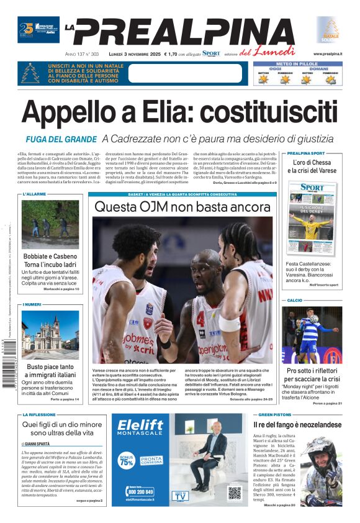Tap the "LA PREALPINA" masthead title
pyautogui.click(x=186, y=31)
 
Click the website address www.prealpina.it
pyautogui.click(x=327, y=54)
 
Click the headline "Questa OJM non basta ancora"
pyautogui.click(x=182, y=206)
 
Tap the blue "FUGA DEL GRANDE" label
pyautogui.click(x=61, y=139)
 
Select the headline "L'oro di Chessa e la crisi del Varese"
pyautogui.click(x=314, y=166)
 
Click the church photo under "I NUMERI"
pyautogui.click(x=50, y=334)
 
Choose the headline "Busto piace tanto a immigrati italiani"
pyautogui.click(x=50, y=371)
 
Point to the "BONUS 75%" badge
pyautogui.click(x=126, y=461)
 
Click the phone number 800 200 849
pyautogui.click(x=140, y=491)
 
